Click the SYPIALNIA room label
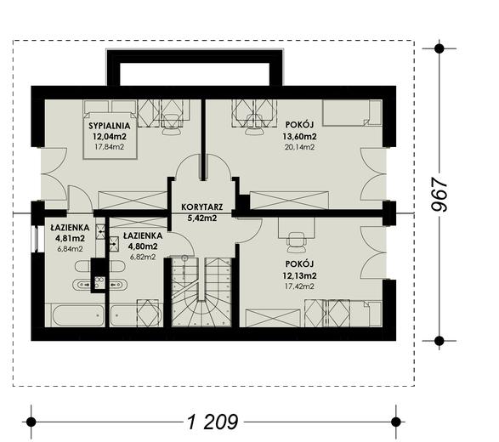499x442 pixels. [110, 126]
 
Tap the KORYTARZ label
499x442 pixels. [202, 207]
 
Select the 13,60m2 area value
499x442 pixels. [299, 137]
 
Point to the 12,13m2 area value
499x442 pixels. [299, 275]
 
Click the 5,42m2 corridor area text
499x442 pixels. [202, 218]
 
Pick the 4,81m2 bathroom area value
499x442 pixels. [70, 238]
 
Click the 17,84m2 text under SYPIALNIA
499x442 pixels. [110, 147]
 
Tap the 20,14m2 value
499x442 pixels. [299, 147]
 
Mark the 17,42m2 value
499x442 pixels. [299, 286]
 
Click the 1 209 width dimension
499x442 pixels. [213, 422]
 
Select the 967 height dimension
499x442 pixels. [439, 194]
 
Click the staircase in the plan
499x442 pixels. [201, 292]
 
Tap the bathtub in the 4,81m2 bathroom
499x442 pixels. [78, 315]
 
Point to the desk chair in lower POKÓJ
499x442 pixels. [297, 242]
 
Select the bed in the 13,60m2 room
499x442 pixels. [352, 113]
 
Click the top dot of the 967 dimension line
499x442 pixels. [439, 48]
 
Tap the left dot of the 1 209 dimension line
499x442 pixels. [31, 422]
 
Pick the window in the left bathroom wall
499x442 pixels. [37, 239]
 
